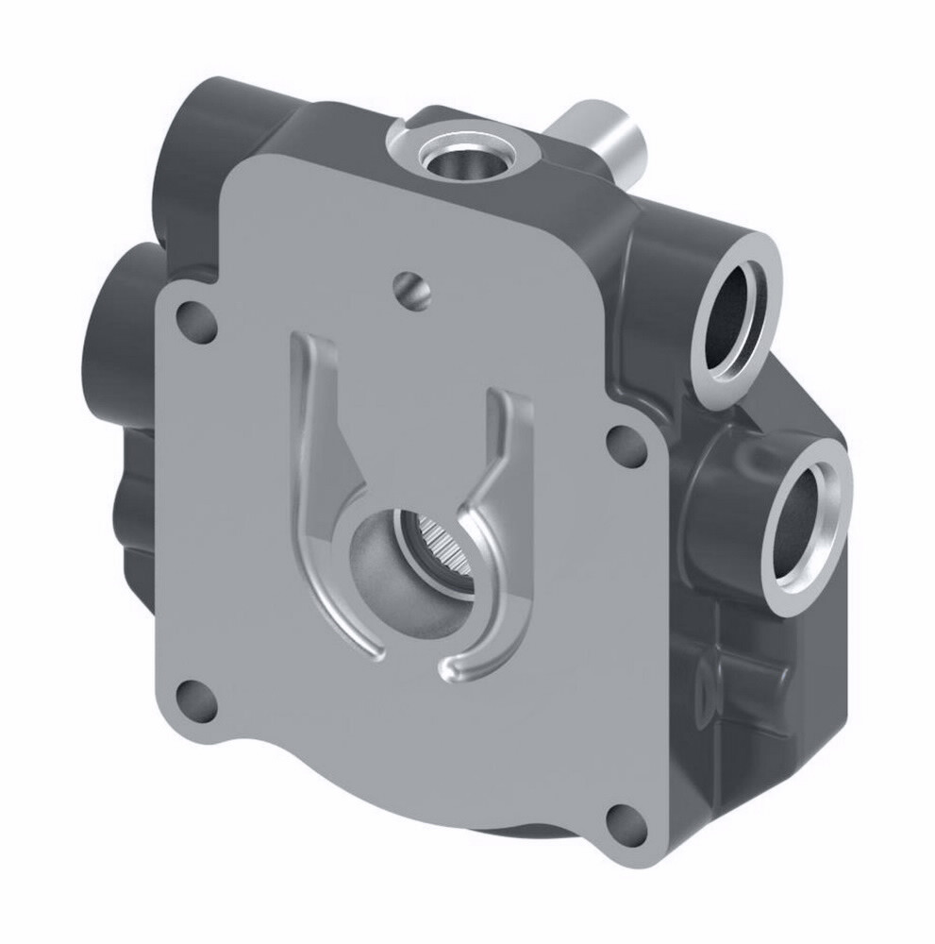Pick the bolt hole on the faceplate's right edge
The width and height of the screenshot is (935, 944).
pyautogui.click(x=623, y=443)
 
